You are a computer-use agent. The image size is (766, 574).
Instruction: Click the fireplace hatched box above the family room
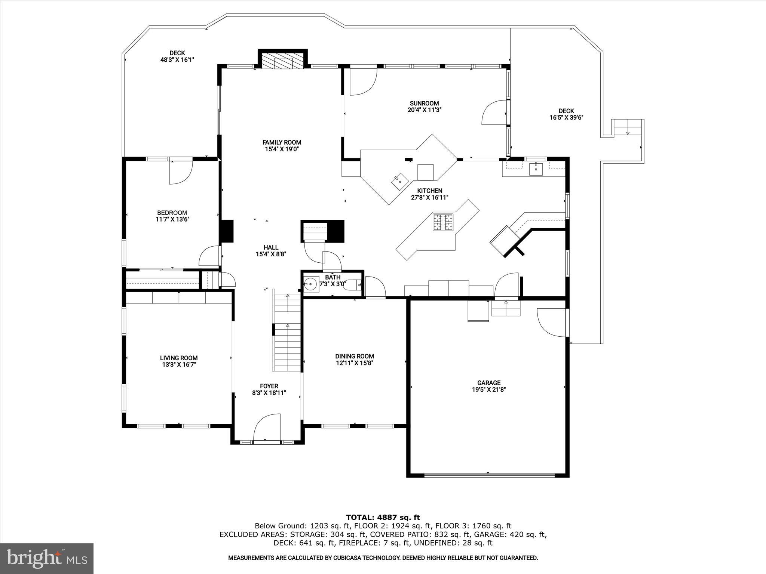pyautogui.click(x=283, y=61)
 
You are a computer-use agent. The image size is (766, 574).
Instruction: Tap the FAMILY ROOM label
pyautogui.click(x=282, y=142)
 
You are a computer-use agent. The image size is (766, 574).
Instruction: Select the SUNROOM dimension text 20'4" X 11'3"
pyautogui.click(x=424, y=110)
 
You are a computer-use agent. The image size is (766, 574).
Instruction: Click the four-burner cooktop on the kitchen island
pyautogui.click(x=443, y=222)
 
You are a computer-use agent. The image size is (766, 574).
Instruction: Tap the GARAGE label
pyautogui.click(x=488, y=383)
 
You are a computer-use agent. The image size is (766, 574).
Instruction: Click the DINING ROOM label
pyautogui.click(x=354, y=356)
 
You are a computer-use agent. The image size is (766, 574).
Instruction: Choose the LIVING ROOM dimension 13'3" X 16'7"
pyautogui.click(x=179, y=364)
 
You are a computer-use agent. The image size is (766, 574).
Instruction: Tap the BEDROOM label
pyautogui.click(x=172, y=213)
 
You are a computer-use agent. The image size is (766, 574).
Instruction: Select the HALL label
pyautogui.click(x=271, y=247)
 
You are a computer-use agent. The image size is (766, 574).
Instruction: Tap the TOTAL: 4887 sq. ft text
pyautogui.click(x=383, y=517)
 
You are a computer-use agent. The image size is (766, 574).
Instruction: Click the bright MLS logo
pyautogui.click(x=47, y=558)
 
